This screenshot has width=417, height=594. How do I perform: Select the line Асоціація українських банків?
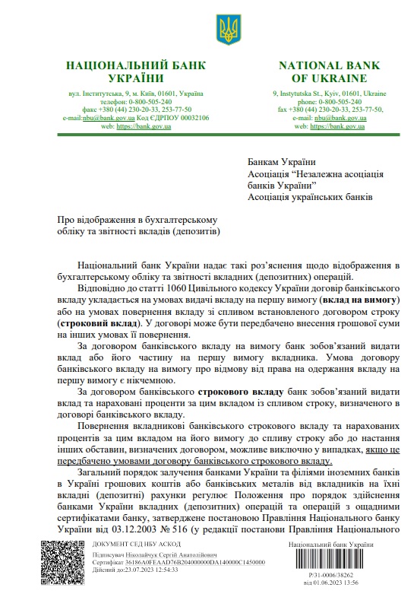click(x=310, y=197)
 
